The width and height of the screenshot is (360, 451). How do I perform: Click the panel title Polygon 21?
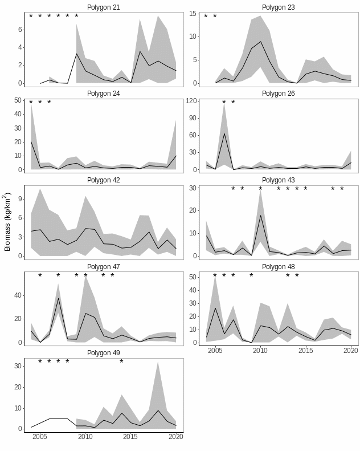[104, 7]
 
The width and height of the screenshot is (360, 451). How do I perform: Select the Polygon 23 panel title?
[279, 7]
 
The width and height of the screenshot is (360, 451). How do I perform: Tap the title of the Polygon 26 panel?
[279, 94]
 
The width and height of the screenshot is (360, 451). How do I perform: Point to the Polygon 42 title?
[104, 180]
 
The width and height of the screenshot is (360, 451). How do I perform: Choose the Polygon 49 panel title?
[104, 353]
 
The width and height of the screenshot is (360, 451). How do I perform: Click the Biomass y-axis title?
[7, 222]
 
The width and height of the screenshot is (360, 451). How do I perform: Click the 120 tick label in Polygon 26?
[191, 101]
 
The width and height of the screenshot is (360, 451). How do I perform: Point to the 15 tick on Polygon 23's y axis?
[193, 14]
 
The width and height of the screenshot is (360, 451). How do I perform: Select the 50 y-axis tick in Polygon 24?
[18, 100]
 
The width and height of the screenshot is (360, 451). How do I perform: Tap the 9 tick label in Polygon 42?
[19, 198]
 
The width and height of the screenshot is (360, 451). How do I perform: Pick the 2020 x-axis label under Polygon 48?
[351, 351]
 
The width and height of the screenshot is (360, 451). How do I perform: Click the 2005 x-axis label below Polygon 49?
[40, 437]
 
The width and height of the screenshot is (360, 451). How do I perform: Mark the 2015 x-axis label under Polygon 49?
[130, 437]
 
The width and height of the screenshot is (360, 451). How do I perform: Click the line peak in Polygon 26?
[224, 133]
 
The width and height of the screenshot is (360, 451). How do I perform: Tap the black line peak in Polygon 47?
[58, 298]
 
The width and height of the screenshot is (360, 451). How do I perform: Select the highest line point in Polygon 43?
[260, 215]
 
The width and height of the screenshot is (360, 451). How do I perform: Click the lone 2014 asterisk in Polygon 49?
[121, 361]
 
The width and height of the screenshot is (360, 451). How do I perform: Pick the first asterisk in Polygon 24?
[31, 103]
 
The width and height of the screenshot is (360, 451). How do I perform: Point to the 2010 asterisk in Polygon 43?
[260, 189]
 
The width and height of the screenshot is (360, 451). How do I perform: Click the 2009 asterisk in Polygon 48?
[251, 276]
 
